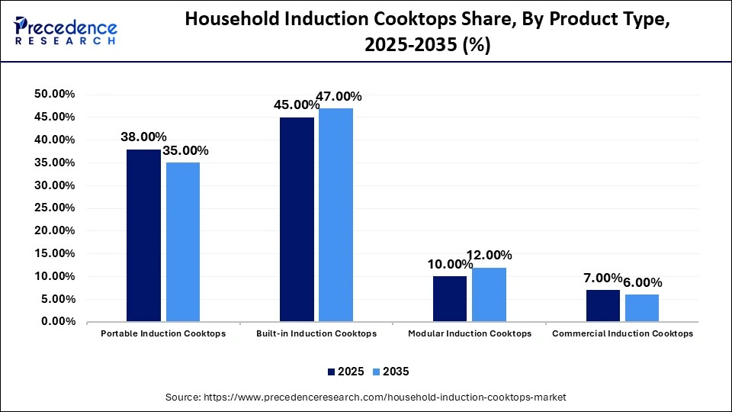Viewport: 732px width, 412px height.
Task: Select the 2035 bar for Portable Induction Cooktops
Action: pyautogui.click(x=183, y=242)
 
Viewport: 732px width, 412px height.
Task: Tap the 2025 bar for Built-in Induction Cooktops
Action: pyautogui.click(x=297, y=219)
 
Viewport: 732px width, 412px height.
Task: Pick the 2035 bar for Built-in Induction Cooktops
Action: pyautogui.click(x=335, y=214)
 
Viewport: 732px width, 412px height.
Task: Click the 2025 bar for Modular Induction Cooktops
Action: pyautogui.click(x=450, y=298)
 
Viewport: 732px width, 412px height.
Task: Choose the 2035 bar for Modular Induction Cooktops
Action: pyautogui.click(x=489, y=295)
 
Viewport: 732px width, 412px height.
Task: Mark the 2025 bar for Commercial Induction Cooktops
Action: pyautogui.click(x=603, y=305)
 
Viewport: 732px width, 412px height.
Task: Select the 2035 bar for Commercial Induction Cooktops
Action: pyautogui.click(x=642, y=307)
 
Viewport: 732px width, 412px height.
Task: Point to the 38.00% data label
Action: pyautogui.click(x=143, y=137)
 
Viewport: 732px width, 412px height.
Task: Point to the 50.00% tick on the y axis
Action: pyautogui.click(x=54, y=94)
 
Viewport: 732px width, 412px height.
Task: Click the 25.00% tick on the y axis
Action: pyautogui.click(x=54, y=208)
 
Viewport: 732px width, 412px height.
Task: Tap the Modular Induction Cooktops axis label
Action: pyautogui.click(x=470, y=334)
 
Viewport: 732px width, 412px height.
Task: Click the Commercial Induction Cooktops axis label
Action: pyautogui.click(x=622, y=334)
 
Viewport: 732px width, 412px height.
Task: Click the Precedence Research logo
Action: pyautogui.click(x=66, y=31)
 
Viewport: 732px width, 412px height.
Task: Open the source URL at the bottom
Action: pyautogui.click(x=366, y=398)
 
